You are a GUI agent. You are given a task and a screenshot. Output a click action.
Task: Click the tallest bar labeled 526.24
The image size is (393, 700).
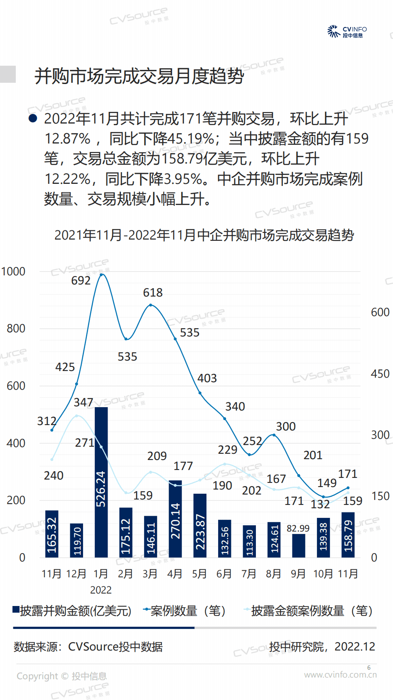[101, 482]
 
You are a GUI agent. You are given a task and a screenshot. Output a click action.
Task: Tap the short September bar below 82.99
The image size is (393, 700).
[298, 546]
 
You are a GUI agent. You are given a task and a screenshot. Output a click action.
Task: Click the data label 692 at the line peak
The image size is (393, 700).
[81, 281]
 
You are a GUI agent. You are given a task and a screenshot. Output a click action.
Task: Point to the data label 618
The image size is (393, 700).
[152, 293]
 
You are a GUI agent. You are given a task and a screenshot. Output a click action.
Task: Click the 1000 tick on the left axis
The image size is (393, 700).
[13, 272]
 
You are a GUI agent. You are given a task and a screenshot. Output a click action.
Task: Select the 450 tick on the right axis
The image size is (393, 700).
[380, 374]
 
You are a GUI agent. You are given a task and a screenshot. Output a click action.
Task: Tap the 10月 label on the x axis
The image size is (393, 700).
[323, 574]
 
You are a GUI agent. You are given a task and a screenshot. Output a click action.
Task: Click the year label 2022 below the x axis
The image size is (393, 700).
[101, 590]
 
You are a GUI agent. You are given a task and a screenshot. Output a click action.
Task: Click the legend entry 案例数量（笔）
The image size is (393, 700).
[185, 611]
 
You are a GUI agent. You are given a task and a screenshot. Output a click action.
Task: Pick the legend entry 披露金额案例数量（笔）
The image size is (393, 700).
[309, 611]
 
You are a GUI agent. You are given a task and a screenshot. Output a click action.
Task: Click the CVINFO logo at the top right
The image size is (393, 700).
[347, 32]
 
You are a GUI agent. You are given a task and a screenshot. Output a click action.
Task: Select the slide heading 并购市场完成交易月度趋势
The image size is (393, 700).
[139, 76]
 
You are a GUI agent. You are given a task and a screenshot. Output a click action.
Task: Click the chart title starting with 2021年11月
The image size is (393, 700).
[204, 235]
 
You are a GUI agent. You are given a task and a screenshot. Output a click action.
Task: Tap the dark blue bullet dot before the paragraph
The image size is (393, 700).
[33, 119]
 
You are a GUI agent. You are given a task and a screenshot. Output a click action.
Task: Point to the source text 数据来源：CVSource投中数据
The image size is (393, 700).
[88, 647]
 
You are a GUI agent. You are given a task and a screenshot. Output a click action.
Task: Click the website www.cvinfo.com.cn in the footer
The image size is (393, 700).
[340, 675]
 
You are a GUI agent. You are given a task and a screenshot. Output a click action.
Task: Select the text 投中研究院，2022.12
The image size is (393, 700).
[322, 647]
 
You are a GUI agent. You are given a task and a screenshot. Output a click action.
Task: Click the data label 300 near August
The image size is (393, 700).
[285, 427]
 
